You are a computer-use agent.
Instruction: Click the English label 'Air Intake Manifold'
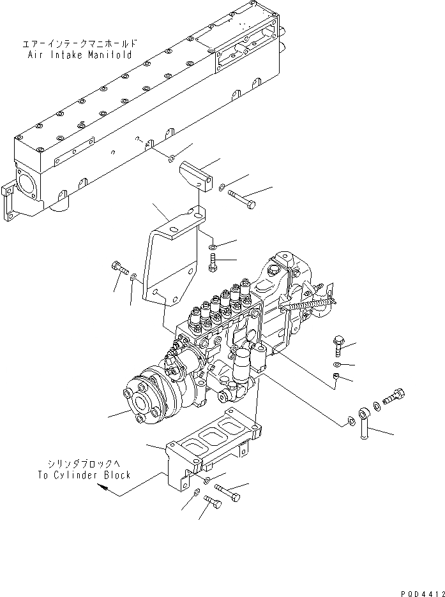pos(80,55)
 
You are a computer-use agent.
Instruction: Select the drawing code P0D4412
pos(418,590)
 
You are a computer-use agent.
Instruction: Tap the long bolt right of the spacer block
pos(241,198)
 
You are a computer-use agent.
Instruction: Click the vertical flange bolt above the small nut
pos(338,344)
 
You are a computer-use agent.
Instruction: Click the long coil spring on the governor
pos(313,306)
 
